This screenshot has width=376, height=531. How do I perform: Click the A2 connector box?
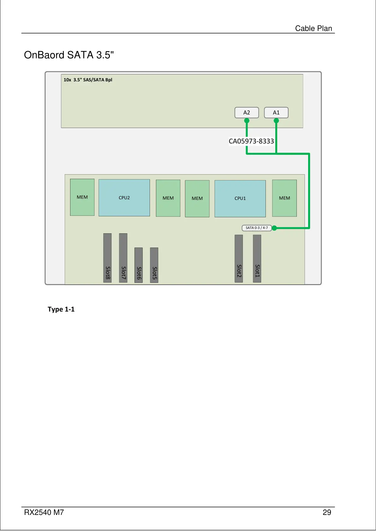tap(247, 113)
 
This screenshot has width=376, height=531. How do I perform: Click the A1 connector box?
tap(276, 113)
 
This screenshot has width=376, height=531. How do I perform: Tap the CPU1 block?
tap(240, 198)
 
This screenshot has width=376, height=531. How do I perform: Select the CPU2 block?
tap(124, 198)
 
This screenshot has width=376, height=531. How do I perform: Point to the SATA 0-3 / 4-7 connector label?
tap(257, 228)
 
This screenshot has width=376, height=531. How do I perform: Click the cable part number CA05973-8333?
tap(251, 141)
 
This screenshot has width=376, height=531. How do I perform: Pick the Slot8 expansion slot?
tap(108, 258)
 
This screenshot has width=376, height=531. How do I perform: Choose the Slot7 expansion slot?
tap(123, 258)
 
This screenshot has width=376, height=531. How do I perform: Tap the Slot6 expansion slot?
tap(139, 265)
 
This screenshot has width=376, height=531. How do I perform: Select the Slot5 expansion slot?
tap(154, 265)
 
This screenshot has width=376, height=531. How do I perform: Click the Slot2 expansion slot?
tap(239, 259)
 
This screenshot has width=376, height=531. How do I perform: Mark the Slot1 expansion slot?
tap(257, 259)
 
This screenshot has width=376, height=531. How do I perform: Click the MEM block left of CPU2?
tap(82, 197)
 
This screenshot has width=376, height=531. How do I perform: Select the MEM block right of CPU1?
tap(284, 198)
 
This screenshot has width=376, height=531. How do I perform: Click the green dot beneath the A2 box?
tap(247, 120)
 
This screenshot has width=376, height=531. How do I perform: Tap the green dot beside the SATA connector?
tap(274, 228)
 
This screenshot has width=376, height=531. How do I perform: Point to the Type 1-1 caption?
tap(61, 309)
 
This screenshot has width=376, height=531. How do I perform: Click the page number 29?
tap(327, 512)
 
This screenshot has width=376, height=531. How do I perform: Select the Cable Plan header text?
tap(313, 28)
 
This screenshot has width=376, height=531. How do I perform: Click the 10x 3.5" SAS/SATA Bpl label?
tap(88, 80)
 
